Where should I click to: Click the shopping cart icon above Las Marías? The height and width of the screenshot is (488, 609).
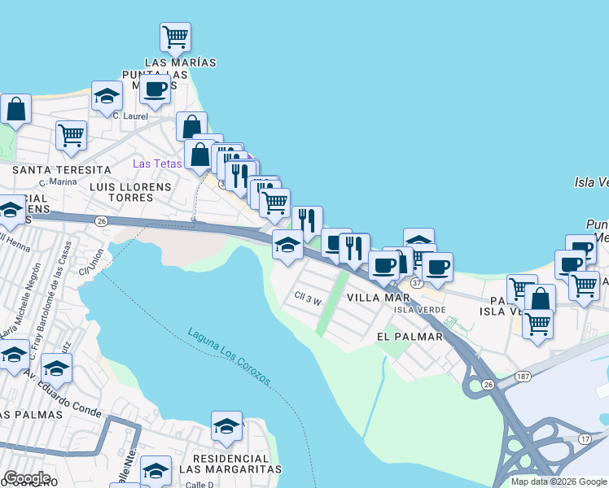tap(176, 37)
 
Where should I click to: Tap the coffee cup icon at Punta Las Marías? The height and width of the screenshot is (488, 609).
tap(155, 89)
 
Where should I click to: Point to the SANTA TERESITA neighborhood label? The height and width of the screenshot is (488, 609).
tap(62, 169)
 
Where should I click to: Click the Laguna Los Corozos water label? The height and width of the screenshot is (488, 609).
tap(229, 356)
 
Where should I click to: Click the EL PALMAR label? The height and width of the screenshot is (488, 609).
tap(410, 336)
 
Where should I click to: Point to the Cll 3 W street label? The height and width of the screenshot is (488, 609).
tap(310, 299)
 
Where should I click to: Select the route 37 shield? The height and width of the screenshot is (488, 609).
tap(417, 282)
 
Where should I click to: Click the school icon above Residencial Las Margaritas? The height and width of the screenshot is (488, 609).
tap(226, 425)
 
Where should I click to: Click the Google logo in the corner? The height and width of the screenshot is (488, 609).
tap(27, 478)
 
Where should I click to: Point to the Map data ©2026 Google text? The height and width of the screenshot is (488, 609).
tap(558, 481)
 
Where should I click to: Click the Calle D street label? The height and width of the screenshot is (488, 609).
tap(198, 485)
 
